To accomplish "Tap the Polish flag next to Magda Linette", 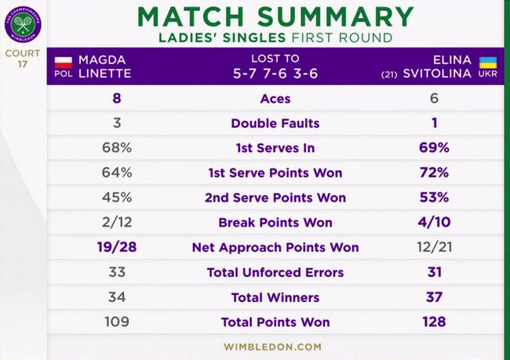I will pos(64,60).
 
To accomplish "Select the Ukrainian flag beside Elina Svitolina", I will pos(487,60).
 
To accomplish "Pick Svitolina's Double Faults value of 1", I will pos(434,123).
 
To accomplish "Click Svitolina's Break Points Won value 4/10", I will pos(434,222).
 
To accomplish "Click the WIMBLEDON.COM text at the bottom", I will pos(272,346).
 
